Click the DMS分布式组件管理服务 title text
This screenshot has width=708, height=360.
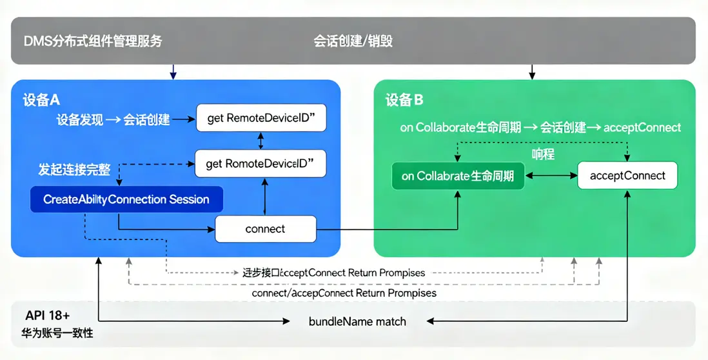click(x=93, y=41)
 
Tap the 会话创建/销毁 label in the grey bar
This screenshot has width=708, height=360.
click(x=353, y=41)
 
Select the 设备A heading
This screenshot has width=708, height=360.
click(x=41, y=100)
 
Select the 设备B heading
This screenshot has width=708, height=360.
click(x=404, y=100)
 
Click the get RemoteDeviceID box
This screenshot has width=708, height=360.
click(x=261, y=119)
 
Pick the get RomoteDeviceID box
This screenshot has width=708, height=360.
click(x=261, y=164)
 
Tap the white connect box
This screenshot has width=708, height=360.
click(x=265, y=229)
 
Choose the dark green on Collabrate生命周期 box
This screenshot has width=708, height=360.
click(x=458, y=175)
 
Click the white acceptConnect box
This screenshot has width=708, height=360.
click(x=627, y=175)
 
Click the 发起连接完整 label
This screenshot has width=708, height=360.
click(x=74, y=170)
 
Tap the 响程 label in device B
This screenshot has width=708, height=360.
click(x=543, y=154)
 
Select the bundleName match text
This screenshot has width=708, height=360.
click(x=357, y=321)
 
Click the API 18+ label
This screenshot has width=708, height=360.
click(x=48, y=315)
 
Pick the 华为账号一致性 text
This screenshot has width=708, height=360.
click(x=57, y=334)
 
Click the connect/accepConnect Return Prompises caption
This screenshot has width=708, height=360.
click(x=344, y=293)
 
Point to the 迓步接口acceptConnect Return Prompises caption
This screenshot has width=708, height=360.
click(x=329, y=273)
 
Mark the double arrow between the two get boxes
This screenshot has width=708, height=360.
click(x=261, y=141)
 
